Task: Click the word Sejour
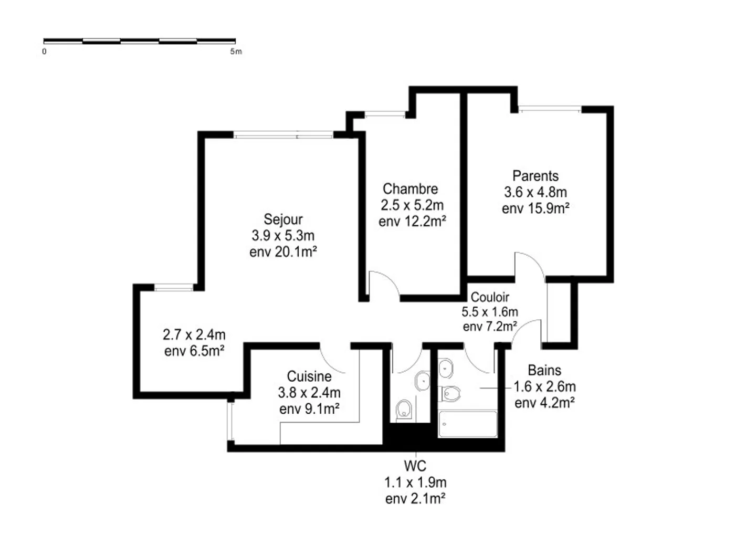tap(283, 219)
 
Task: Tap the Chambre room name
tap(410, 188)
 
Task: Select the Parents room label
tap(535, 176)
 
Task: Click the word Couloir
tap(489, 297)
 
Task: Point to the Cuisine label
tap(309, 376)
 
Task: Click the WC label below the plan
tap(415, 466)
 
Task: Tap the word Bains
tap(544, 370)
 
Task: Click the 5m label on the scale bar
tap(236, 51)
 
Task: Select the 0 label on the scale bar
tap(44, 51)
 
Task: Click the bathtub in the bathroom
tap(467, 424)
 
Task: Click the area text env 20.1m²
tap(283, 252)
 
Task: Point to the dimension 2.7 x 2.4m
tap(194, 334)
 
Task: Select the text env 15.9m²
tap(535, 208)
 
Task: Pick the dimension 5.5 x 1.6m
tap(489, 312)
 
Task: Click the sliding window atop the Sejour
tap(283, 135)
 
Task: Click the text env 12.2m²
tap(412, 222)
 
